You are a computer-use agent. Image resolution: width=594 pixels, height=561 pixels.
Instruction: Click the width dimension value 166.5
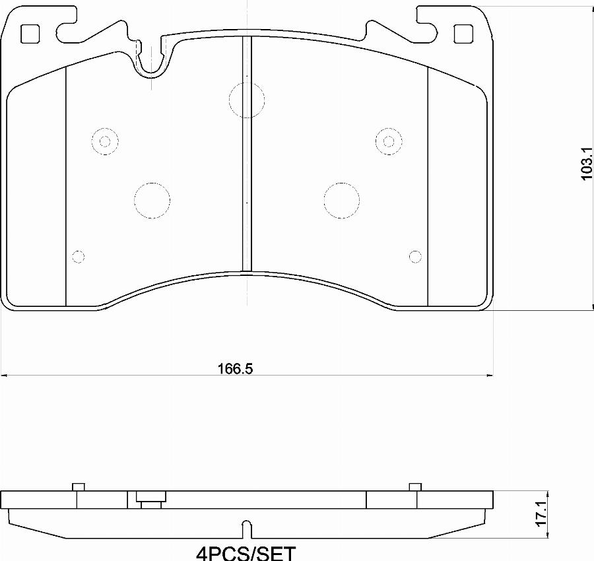tap(236, 369)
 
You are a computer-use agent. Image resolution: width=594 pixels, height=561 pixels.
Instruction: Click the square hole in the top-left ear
tap(30, 33)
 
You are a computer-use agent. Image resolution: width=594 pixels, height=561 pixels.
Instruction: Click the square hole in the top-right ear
tap(464, 33)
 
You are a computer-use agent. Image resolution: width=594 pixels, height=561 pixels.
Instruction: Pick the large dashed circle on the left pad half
tap(152, 199)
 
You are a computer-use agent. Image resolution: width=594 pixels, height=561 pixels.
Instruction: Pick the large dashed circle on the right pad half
tap(342, 199)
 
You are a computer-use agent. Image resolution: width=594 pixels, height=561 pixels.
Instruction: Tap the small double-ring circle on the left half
tap(104, 141)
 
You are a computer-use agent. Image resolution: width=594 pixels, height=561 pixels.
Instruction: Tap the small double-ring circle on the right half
tap(388, 141)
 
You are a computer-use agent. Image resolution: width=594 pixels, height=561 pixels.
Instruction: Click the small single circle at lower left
tap(78, 256)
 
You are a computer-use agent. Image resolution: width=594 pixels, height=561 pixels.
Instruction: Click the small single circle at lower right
tap(415, 256)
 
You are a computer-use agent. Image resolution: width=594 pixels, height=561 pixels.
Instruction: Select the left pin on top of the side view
tap(78, 487)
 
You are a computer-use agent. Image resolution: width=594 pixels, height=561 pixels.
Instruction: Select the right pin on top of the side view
tap(415, 487)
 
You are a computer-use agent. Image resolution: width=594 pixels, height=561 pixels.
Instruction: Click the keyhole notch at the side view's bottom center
tap(246, 527)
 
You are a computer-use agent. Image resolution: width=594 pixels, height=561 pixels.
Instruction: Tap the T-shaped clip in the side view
tap(150, 500)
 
